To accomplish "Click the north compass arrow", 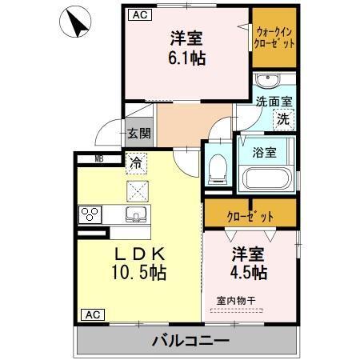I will click(78, 22).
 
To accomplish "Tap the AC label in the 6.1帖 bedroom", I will click(138, 14).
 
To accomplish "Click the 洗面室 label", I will click(274, 102).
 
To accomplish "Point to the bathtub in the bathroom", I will click(266, 178).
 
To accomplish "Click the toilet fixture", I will click(215, 167).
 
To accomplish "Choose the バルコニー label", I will click(190, 341).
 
